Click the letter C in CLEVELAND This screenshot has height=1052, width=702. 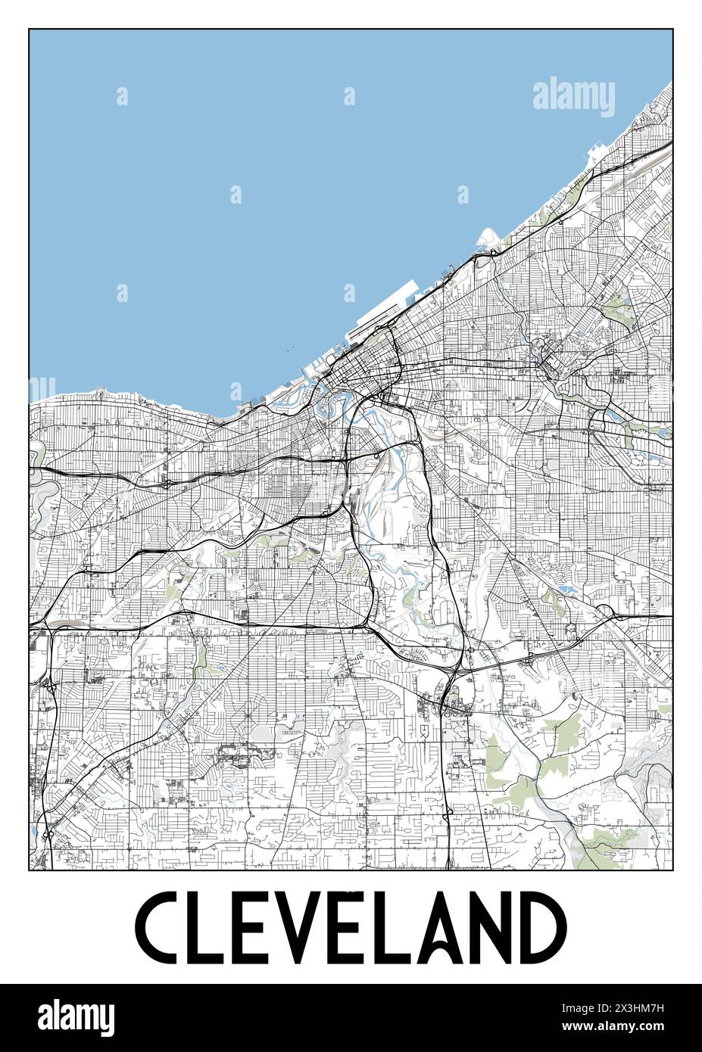(x=159, y=928)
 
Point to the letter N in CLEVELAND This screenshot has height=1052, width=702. (x=506, y=928)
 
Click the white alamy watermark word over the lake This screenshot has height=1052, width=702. (x=573, y=96)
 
